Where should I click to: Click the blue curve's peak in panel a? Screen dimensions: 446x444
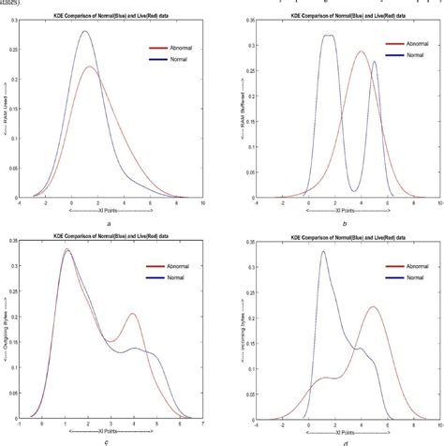pos(84,31)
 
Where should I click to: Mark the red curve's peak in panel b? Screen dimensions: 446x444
pos(362,78)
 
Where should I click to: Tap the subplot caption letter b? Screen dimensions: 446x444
pos(345,223)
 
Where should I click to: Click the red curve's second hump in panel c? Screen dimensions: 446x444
pos(133,314)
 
